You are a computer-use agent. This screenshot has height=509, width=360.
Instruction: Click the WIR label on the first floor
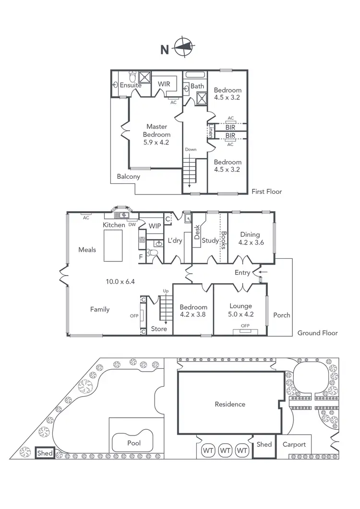(165, 84)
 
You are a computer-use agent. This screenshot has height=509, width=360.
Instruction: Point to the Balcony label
(129, 176)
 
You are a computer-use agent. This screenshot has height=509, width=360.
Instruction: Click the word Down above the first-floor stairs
(191, 149)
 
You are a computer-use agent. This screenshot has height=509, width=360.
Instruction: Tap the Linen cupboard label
(210, 131)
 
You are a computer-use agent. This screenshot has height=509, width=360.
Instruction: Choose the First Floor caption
(267, 191)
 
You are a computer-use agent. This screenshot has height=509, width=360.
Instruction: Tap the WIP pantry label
(155, 226)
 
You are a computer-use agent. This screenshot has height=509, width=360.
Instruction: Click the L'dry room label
(174, 241)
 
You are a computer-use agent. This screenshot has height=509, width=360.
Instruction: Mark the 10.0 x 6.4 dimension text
(121, 282)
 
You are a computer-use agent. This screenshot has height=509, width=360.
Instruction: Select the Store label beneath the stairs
(159, 329)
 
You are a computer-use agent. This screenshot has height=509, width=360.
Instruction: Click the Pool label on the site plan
(134, 443)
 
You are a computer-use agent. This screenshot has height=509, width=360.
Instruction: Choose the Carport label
(294, 444)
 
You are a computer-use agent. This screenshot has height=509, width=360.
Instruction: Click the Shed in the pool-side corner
(46, 453)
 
